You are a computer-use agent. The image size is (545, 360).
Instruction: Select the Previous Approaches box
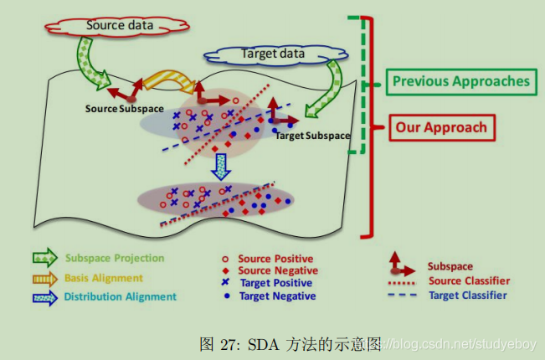coord(461,81)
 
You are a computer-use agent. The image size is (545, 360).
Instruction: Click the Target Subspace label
coord(313,135)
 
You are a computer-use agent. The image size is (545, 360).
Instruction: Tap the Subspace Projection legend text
coord(115,258)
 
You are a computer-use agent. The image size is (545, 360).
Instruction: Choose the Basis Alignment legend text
coord(103,277)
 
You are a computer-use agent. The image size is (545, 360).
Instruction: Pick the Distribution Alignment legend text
coord(120,296)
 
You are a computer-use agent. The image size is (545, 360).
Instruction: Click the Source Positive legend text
coord(275,260)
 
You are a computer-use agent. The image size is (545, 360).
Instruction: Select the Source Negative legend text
coord(277,270)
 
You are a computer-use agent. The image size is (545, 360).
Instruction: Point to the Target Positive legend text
coord(276,283)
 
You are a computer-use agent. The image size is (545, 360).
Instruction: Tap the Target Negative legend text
coord(277,296)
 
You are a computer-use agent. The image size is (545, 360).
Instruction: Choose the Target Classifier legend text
coord(467,295)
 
